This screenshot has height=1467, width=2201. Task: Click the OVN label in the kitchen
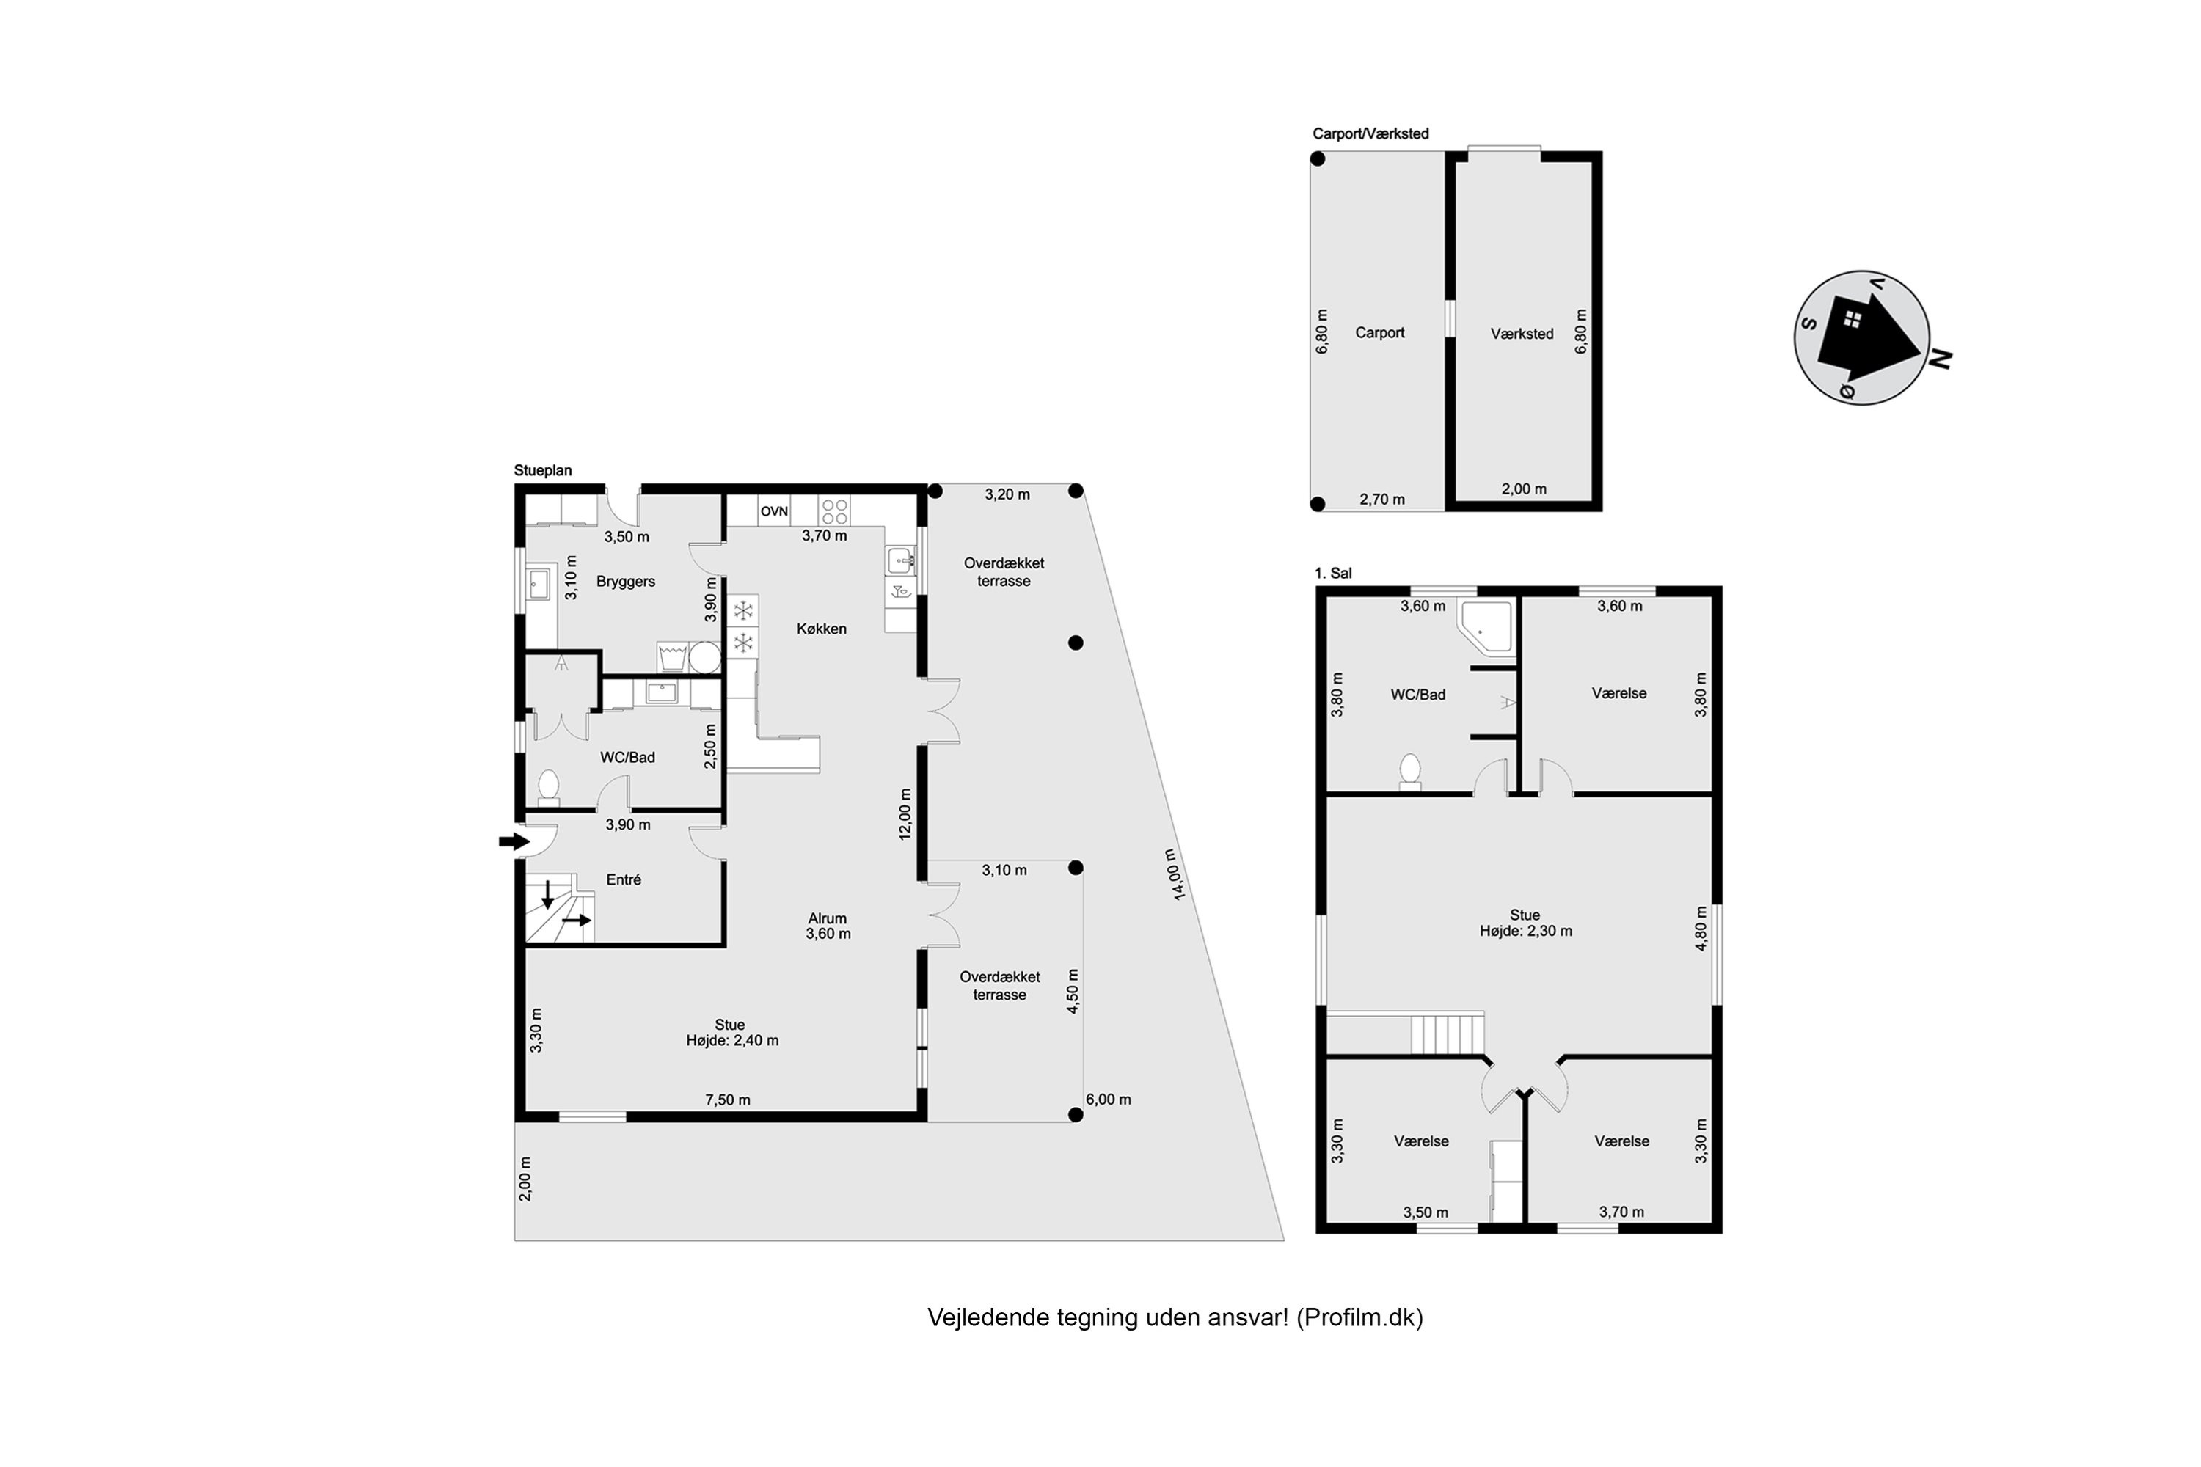click(774, 511)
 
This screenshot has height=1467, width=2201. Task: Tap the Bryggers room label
click(625, 581)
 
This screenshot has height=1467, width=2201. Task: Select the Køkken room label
click(822, 629)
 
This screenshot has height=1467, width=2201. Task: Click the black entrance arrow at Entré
click(514, 841)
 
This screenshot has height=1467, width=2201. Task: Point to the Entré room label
click(623, 879)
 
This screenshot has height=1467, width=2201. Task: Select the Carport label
click(1379, 332)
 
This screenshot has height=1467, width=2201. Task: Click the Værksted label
click(1522, 333)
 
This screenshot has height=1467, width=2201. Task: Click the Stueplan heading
click(543, 471)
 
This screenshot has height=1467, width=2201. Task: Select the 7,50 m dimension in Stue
click(728, 1100)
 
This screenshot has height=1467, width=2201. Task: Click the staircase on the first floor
click(1448, 1034)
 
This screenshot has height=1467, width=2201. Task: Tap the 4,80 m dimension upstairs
click(1701, 928)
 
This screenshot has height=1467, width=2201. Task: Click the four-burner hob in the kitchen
click(833, 511)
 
